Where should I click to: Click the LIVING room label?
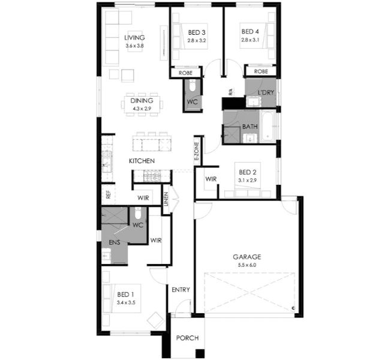click(134, 38)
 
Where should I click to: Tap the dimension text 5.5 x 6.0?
click(246, 265)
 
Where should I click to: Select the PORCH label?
click(187, 338)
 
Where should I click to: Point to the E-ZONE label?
click(197, 153)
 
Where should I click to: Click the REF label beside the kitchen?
click(109, 195)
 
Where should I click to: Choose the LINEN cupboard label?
click(166, 199)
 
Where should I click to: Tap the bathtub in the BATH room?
click(267, 127)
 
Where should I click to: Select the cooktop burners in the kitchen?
click(152, 176)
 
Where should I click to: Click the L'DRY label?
click(266, 92)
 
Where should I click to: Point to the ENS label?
click(115, 242)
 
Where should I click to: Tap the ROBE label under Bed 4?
click(261, 71)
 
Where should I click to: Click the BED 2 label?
click(248, 172)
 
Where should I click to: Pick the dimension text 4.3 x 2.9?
click(142, 108)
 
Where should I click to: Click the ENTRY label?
click(181, 290)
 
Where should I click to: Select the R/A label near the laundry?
click(230, 92)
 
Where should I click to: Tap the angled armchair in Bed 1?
click(156, 320)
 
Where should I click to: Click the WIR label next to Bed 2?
click(211, 179)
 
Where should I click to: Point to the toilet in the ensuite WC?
click(138, 213)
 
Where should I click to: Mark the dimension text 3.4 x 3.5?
click(126, 302)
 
